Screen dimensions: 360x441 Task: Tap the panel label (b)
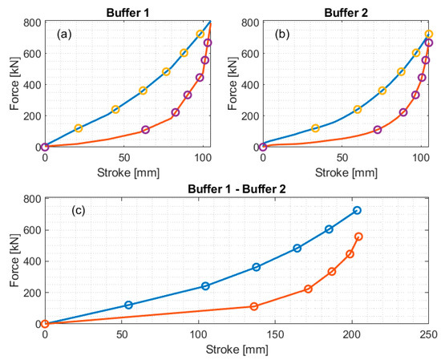click(282, 35)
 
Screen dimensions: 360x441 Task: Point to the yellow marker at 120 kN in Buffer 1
click(79, 128)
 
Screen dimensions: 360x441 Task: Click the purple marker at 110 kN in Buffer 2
click(378, 130)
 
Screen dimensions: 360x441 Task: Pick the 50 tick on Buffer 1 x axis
click(124, 156)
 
